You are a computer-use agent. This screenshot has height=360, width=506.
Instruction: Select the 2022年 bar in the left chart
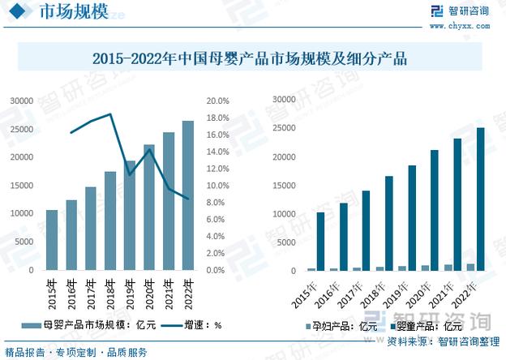pos(188,195)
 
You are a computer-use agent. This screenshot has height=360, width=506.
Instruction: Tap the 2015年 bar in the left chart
pos(52,240)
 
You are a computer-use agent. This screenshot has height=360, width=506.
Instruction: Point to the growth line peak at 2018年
pos(109,114)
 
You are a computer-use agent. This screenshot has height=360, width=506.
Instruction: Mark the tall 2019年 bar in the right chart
pos(412,218)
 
